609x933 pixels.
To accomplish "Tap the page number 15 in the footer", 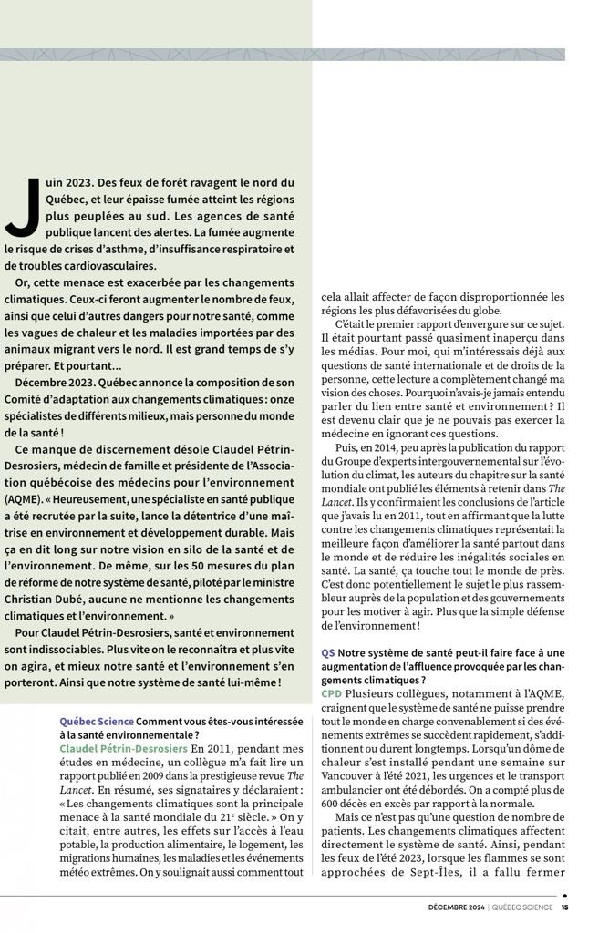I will coord(565,907).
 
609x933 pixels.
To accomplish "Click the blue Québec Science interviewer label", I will coord(96,721).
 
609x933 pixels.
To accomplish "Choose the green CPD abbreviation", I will coord(332,694).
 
